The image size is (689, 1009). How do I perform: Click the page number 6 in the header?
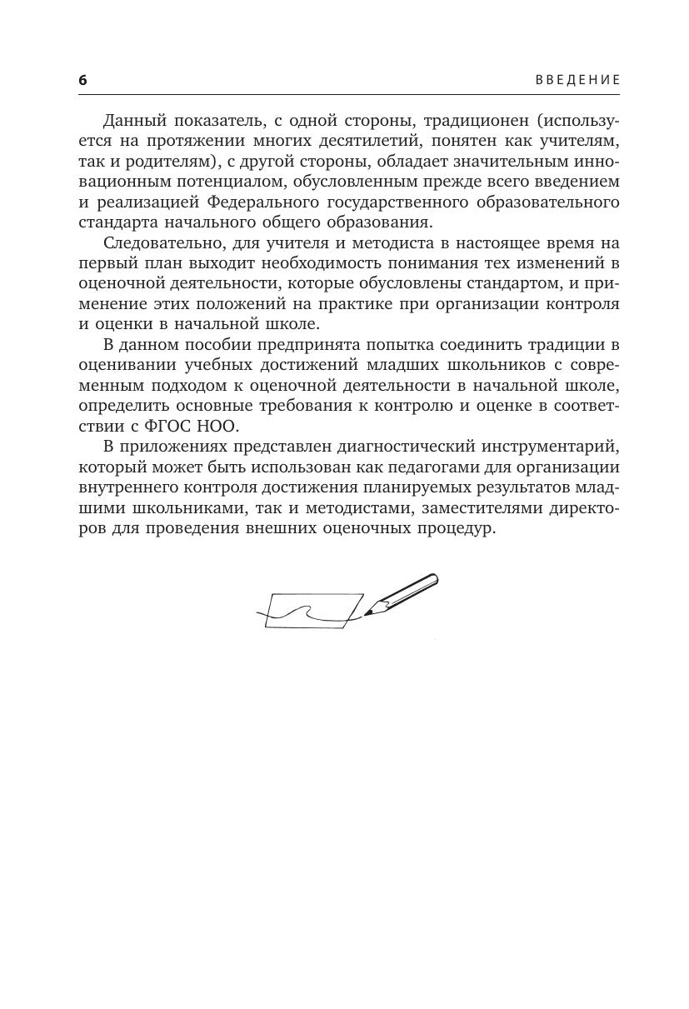[x=82, y=80]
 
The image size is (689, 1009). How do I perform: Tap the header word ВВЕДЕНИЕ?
[x=577, y=80]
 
